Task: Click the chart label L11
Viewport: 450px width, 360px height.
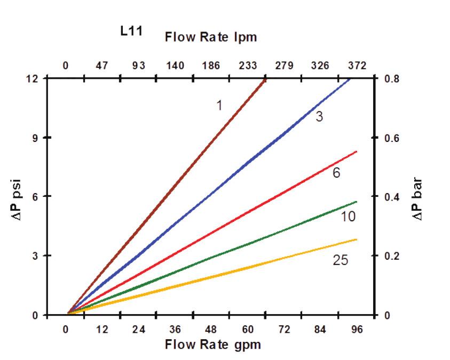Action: point(130,31)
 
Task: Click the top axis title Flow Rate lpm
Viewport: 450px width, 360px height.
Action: point(211,37)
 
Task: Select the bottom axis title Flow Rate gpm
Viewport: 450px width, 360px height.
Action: point(213,344)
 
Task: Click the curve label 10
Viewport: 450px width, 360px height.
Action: point(348,217)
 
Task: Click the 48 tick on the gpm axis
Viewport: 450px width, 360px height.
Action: point(211,329)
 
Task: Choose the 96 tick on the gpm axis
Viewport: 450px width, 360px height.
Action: point(357,329)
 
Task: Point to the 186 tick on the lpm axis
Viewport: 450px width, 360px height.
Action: point(211,66)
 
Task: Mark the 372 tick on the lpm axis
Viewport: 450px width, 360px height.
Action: point(357,66)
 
